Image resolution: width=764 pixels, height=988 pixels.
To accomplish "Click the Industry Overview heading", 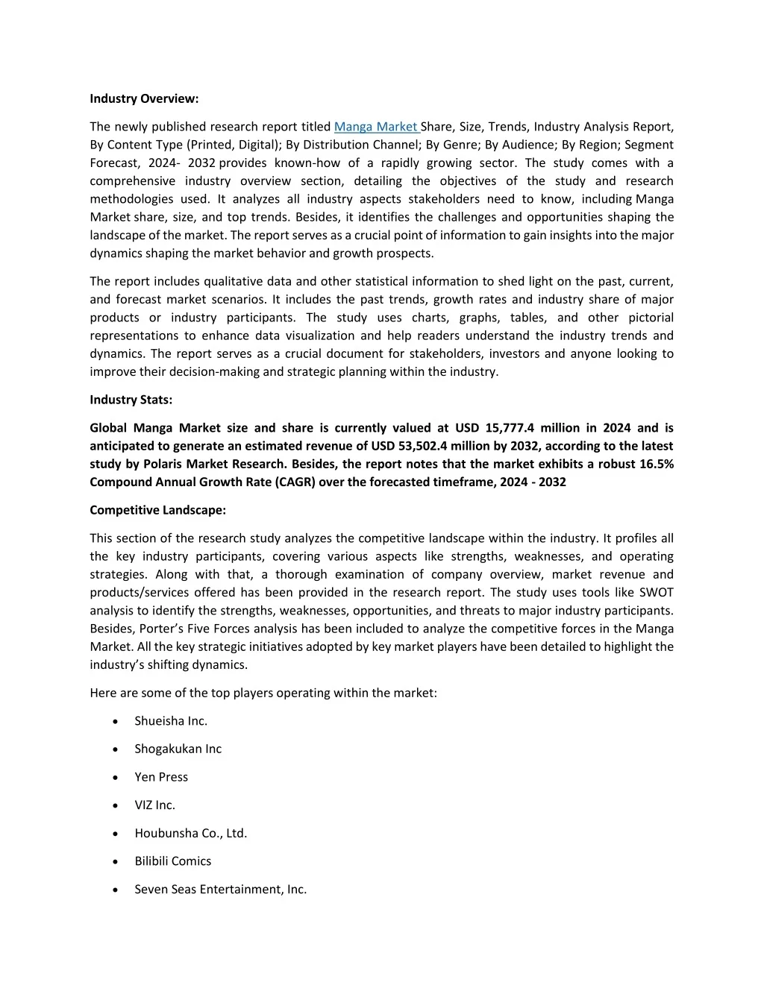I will pos(144,98).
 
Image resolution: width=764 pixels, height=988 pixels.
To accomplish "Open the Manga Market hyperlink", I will pos(376,127).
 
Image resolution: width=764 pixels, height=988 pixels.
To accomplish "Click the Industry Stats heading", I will pos(131,400).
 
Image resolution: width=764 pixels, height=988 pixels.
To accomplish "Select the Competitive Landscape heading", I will pos(157,510).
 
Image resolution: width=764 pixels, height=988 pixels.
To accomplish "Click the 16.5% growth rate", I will pos(657,464).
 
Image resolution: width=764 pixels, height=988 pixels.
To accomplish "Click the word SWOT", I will pos(656,592).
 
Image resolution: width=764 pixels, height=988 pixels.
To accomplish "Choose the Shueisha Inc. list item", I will pos(171,721).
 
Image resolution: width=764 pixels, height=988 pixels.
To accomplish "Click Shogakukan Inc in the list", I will pos(178,749).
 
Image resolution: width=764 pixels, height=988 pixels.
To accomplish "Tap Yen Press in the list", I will pos(161,777).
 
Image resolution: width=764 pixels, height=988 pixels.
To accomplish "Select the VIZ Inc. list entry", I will pos(154,805).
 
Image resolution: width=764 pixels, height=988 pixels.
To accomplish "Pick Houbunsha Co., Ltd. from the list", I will pos(190,833).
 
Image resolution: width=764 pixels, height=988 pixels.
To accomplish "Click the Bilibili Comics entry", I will pos(172,861).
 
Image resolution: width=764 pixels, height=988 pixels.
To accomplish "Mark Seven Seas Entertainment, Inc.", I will pos(220,889).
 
